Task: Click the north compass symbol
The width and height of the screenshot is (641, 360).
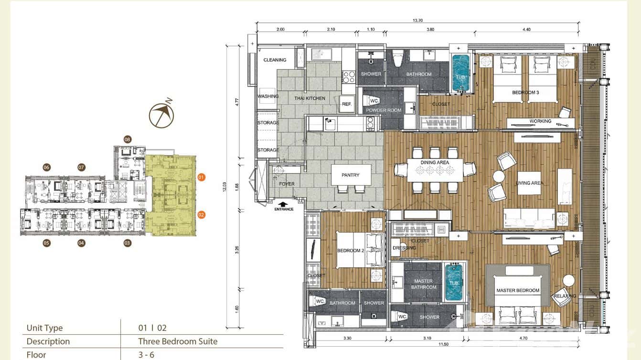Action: (161, 115)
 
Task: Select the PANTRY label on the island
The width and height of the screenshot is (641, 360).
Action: (350, 175)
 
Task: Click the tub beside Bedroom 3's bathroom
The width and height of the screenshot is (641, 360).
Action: (460, 73)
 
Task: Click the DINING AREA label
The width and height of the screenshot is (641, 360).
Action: (435, 163)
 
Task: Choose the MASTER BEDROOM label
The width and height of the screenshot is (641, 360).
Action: (518, 290)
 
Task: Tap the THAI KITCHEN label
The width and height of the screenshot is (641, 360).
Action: (310, 98)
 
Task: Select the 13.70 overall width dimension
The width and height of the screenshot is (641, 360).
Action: (419, 21)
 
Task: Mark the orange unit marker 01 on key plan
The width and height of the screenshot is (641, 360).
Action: (201, 177)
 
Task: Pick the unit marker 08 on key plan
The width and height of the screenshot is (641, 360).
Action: (128, 139)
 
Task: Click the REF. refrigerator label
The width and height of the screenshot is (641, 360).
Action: (347, 104)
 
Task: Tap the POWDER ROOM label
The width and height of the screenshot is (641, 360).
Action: (383, 110)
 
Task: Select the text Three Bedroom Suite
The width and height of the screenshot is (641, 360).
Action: (178, 341)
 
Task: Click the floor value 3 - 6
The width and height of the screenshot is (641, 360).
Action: (146, 355)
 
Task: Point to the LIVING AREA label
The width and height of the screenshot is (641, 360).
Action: (530, 183)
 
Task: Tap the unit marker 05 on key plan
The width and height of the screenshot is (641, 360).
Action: (46, 243)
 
